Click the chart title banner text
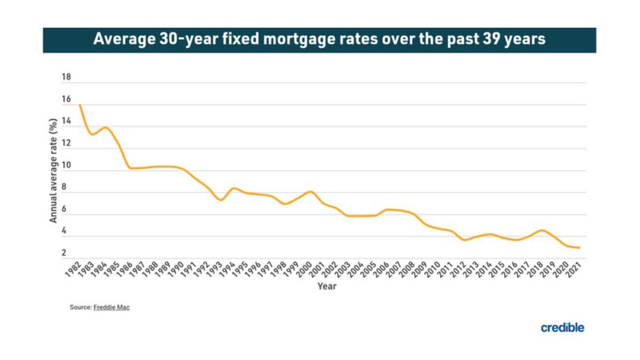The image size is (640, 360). [319, 39]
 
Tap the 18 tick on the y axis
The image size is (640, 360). [67, 78]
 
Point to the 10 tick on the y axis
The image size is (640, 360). [67, 166]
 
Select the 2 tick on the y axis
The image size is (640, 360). [64, 254]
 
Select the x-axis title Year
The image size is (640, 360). [327, 286]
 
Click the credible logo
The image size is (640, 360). [562, 328]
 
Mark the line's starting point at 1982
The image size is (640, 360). [80, 105]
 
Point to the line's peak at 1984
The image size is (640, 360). [106, 128]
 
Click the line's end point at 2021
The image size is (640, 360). [580, 247]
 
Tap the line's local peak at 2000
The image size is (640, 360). [310, 192]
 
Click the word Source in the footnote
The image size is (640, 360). [80, 307]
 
